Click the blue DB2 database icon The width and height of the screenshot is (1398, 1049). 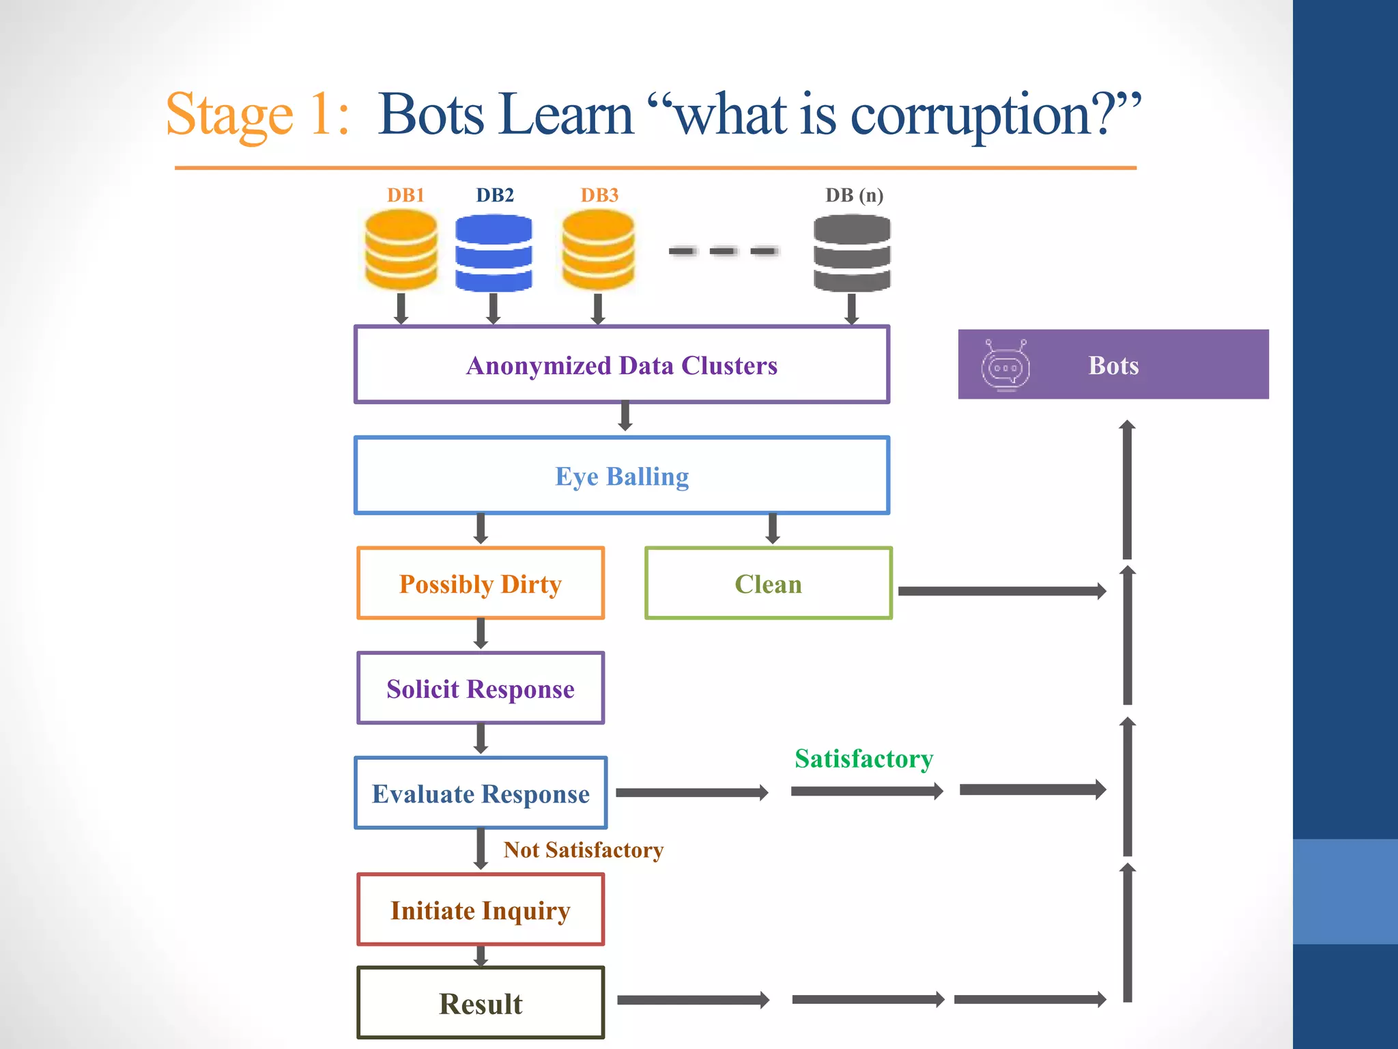pyautogui.click(x=494, y=253)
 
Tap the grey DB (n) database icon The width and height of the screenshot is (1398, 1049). pyautogui.click(x=852, y=253)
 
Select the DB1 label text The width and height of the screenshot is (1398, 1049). pyautogui.click(x=405, y=195)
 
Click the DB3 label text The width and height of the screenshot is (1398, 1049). pyautogui.click(x=599, y=195)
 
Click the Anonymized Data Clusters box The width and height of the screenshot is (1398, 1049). pyautogui.click(x=622, y=365)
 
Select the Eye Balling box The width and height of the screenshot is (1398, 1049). pyautogui.click(x=622, y=476)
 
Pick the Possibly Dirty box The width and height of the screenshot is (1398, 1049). pyautogui.click(x=481, y=584)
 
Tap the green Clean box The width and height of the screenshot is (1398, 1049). pyautogui.click(x=769, y=584)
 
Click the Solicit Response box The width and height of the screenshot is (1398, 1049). pyautogui.click(x=481, y=688)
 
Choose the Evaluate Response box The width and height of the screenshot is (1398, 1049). pyautogui.click(x=481, y=794)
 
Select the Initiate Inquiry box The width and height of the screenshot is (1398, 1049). pyautogui.click(x=481, y=910)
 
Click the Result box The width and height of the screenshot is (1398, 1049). pyautogui.click(x=481, y=1003)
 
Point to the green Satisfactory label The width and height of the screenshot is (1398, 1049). pyautogui.click(x=864, y=759)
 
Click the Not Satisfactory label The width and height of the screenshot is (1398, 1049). pyautogui.click(x=583, y=850)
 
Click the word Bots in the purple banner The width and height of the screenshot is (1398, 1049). pyautogui.click(x=1113, y=365)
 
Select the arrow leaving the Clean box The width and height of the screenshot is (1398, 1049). pyautogui.click(x=1001, y=591)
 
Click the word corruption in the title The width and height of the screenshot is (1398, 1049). pyautogui.click(x=969, y=115)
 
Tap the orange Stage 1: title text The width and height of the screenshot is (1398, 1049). pyautogui.click(x=258, y=115)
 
